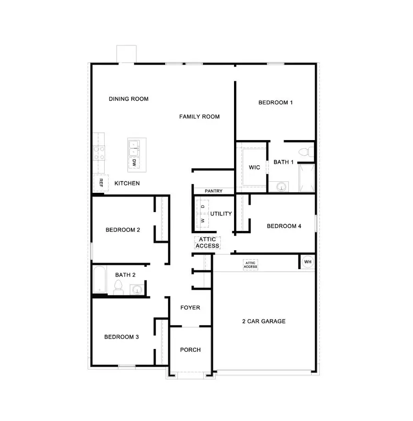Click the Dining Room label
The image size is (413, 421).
click(128, 99)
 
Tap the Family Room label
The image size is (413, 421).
click(199, 117)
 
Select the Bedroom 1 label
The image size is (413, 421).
click(275, 102)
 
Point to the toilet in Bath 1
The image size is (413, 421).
click(305, 151)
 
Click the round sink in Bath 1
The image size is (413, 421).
click(281, 186)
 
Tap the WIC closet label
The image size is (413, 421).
click(254, 167)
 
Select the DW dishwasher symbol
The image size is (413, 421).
click(134, 163)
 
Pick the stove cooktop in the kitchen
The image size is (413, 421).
click(99, 152)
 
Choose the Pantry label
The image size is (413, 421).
click(213, 191)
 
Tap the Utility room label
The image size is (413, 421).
click(221, 213)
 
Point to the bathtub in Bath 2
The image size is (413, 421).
click(99, 280)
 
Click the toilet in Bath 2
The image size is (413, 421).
click(118, 288)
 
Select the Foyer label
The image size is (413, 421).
click(190, 308)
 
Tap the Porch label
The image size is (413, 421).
click(190, 350)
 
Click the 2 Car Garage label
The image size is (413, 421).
click(263, 321)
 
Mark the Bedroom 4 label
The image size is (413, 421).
click(284, 226)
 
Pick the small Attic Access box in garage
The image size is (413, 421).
click(251, 265)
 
